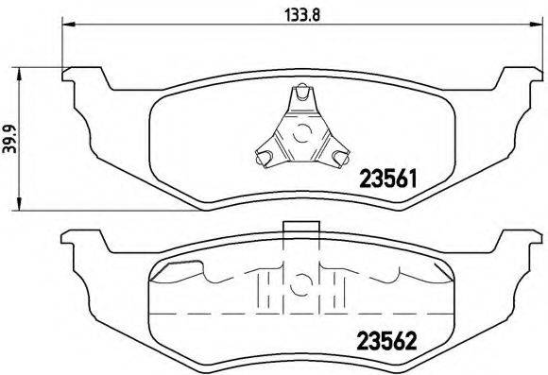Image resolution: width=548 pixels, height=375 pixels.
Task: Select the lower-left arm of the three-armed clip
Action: [x=267, y=153]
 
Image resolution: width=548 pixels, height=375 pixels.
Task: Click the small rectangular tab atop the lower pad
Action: [x=299, y=226]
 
